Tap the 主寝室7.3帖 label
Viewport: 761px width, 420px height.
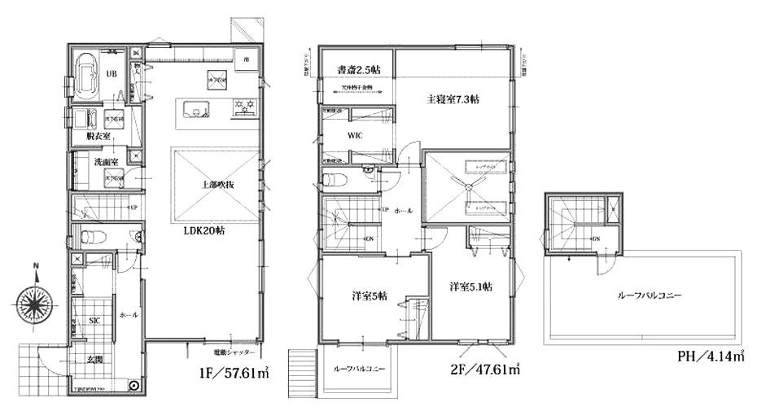[453, 100]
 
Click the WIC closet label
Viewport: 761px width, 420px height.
[355, 136]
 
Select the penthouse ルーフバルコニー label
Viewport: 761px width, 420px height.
[648, 295]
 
